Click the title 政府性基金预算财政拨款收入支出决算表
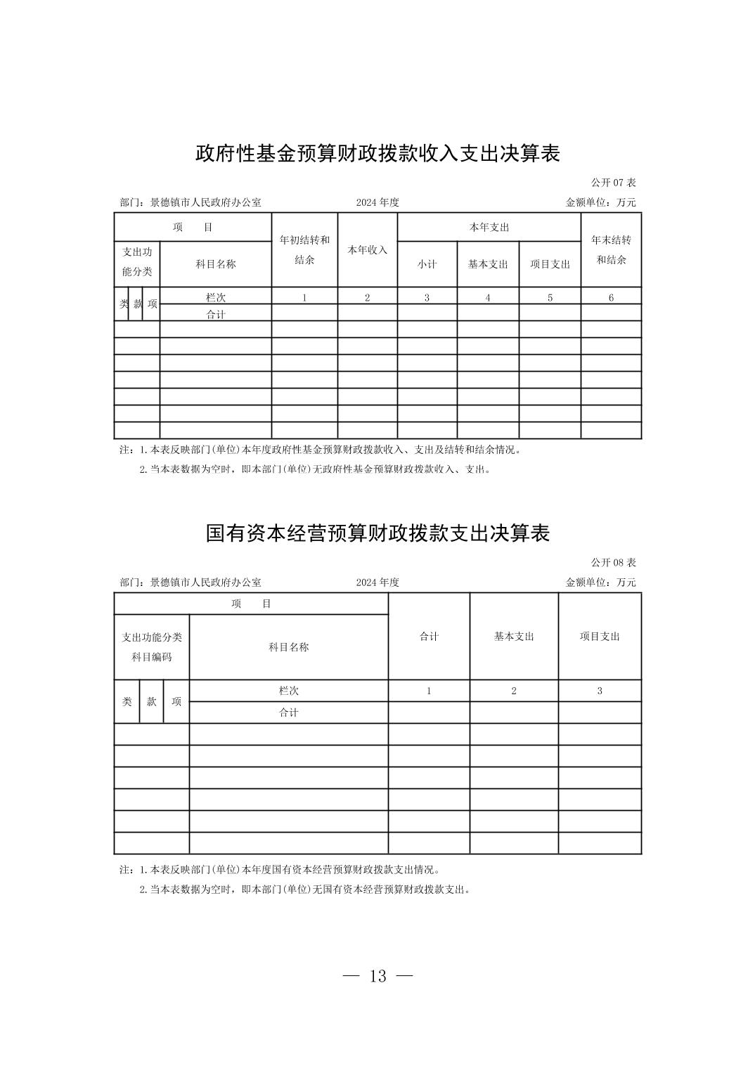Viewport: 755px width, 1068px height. pos(377,153)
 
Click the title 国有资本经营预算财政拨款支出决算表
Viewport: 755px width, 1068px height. pos(377,533)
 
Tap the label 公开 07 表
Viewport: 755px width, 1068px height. pos(613,183)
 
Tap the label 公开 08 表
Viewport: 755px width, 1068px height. pos(613,563)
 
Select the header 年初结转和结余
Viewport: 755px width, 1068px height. pos(304,249)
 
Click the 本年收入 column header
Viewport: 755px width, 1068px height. pos(367,249)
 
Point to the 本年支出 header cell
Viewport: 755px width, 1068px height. pos(489,227)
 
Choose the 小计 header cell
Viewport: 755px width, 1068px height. pos(427,264)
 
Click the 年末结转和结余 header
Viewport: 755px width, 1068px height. pos(611,249)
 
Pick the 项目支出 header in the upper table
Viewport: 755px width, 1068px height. pos(550,264)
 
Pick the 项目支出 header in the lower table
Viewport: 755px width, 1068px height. pos(600,636)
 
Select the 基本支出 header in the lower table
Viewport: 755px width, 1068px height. pos(514,636)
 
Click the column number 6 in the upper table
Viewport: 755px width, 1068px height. pos(611,297)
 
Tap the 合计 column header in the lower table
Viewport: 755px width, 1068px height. pos(429,636)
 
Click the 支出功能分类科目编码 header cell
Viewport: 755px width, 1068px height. pos(152,646)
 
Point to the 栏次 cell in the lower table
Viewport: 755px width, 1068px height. pos(288,691)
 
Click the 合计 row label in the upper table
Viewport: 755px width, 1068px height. pos(216,314)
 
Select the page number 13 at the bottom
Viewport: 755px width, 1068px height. pos(377,976)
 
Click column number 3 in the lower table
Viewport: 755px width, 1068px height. pos(600,691)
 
